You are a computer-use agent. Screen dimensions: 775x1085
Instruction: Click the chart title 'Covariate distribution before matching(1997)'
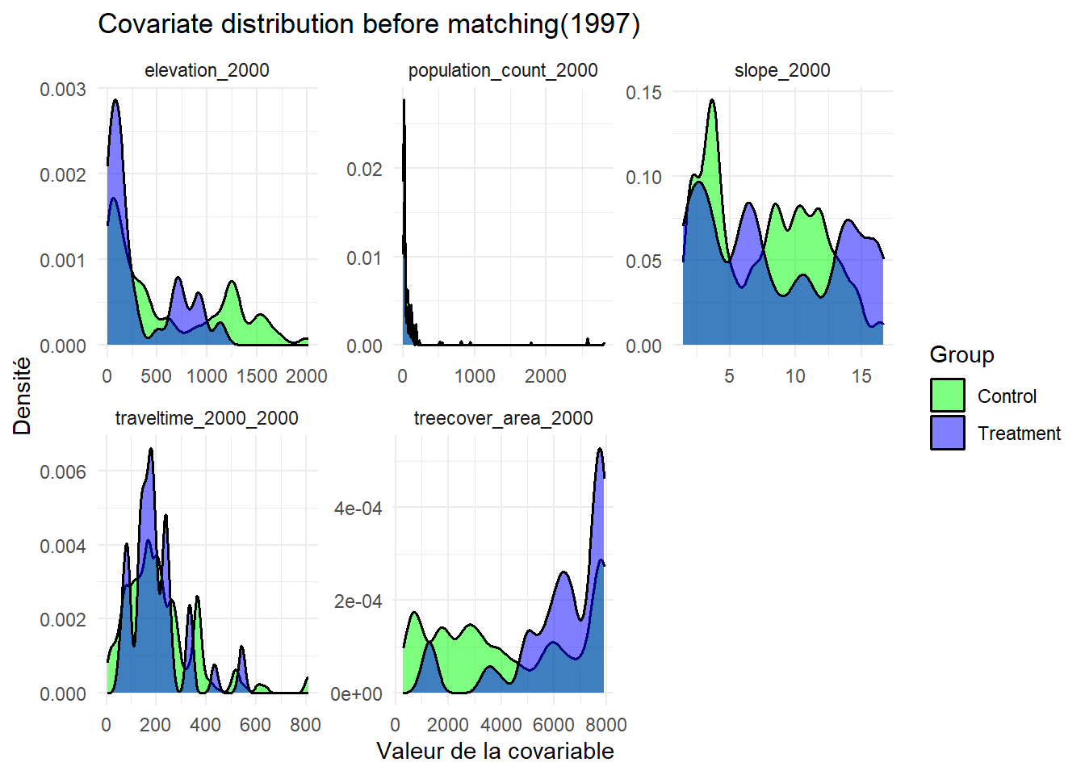369,24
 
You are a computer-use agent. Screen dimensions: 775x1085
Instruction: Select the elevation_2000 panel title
207,70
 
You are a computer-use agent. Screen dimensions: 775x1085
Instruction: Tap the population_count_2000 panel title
503,70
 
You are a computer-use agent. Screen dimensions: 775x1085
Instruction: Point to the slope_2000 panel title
782,70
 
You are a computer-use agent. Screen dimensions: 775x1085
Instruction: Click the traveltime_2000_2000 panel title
207,418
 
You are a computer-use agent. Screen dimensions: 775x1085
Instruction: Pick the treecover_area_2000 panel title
503,418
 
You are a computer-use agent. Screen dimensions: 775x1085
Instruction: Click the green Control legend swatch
948,396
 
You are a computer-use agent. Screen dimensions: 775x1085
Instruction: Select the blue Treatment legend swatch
948,433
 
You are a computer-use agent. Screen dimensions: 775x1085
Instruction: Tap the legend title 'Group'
961,354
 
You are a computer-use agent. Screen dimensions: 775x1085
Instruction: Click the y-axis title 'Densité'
23,396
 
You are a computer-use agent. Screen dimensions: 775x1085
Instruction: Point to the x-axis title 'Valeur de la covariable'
495,751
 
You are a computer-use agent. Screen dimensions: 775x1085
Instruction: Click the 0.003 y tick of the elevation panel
63,89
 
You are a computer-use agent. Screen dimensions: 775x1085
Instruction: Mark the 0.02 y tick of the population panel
364,169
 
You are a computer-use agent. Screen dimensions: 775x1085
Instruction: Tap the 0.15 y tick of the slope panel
643,92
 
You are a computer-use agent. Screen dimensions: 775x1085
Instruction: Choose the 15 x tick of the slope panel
861,376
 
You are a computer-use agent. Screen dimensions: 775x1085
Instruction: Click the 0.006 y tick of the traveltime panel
63,471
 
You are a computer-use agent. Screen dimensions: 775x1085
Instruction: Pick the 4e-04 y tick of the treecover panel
358,508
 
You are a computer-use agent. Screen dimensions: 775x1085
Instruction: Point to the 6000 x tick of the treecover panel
554,725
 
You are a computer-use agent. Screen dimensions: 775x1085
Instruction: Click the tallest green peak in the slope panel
712,101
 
